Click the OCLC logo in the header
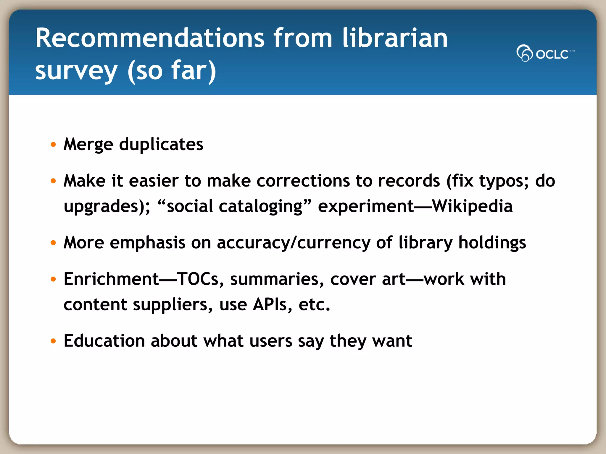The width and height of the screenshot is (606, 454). pyautogui.click(x=545, y=53)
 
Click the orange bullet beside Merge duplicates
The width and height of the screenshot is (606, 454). pyautogui.click(x=53, y=145)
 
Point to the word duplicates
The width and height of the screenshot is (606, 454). pyautogui.click(x=161, y=145)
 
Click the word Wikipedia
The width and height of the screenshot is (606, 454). pyautogui.click(x=472, y=206)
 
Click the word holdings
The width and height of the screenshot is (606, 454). pyautogui.click(x=492, y=243)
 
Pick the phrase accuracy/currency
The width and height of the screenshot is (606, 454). pyautogui.click(x=293, y=243)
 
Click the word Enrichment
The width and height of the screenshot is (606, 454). pyautogui.click(x=112, y=279)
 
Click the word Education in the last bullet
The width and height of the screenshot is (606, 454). pyautogui.click(x=104, y=341)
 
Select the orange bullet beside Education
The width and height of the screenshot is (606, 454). pyautogui.click(x=53, y=341)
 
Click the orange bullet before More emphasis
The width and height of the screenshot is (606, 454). pyautogui.click(x=53, y=243)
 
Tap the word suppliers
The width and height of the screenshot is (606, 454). pyautogui.click(x=172, y=305)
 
